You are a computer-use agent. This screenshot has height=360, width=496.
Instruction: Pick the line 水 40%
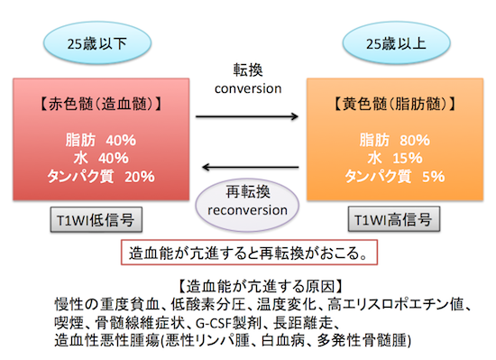tap(102, 158)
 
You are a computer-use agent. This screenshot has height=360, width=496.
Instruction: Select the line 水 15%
tap(395, 158)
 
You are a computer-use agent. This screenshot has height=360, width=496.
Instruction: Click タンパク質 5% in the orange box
tap(395, 176)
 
